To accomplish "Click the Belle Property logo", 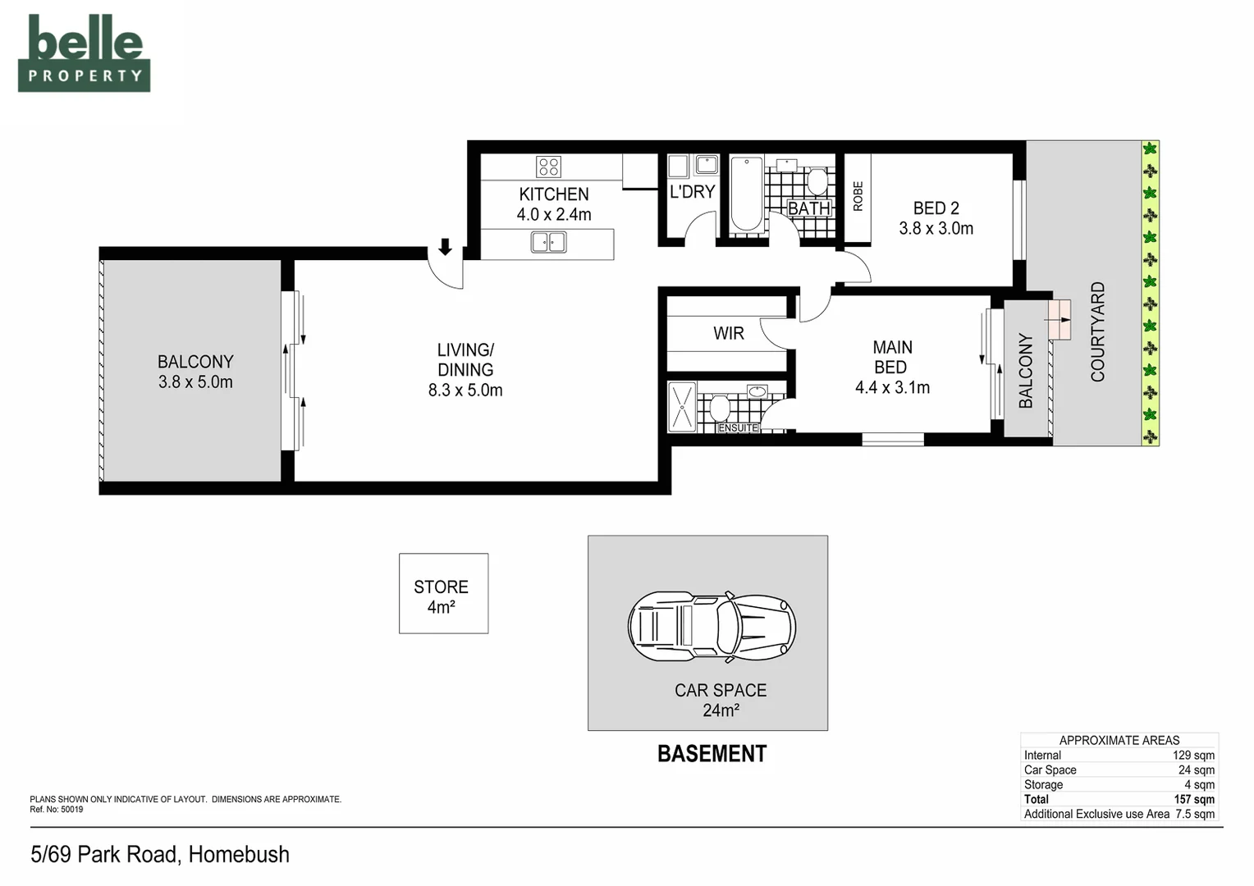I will click(84, 53).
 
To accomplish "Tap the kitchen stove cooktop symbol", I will click(548, 167).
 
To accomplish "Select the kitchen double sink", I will click(548, 243).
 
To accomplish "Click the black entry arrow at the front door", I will click(445, 247).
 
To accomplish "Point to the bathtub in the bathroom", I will click(747, 194).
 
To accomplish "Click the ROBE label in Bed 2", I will click(858, 196).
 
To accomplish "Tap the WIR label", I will click(728, 333).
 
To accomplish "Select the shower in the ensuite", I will click(682, 407).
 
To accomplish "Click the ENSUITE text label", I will click(738, 427).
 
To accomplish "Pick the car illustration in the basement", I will click(712, 627).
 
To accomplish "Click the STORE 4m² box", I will click(443, 594).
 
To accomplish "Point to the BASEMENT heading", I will click(712, 754).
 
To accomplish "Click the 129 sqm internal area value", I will click(1193, 755).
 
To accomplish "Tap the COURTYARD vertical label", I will click(1097, 331).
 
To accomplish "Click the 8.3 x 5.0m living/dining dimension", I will click(465, 390).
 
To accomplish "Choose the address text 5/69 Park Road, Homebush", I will click(160, 855).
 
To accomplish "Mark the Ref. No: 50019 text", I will click(57, 810).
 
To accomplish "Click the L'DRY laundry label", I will click(692, 192).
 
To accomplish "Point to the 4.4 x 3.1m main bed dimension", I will click(892, 387).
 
